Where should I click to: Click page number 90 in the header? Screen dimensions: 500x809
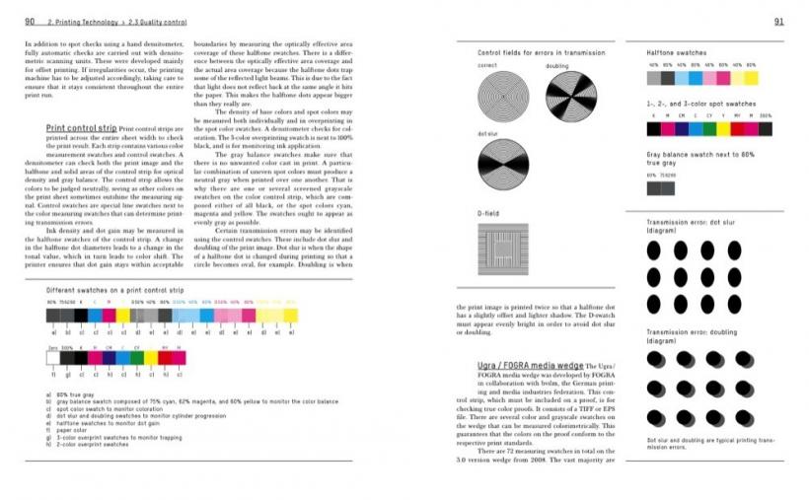coord(31,22)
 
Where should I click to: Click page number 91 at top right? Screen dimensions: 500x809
coord(778,22)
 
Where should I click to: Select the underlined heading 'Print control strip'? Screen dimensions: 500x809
coord(82,128)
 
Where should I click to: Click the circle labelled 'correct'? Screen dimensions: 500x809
coord(497,96)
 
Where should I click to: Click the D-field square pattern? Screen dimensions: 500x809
coord(502,243)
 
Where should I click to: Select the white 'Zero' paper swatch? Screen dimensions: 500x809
coord(53,360)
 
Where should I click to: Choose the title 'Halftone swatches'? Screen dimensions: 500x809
coord(676,51)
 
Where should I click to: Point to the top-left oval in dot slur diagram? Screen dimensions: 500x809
coord(653,250)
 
